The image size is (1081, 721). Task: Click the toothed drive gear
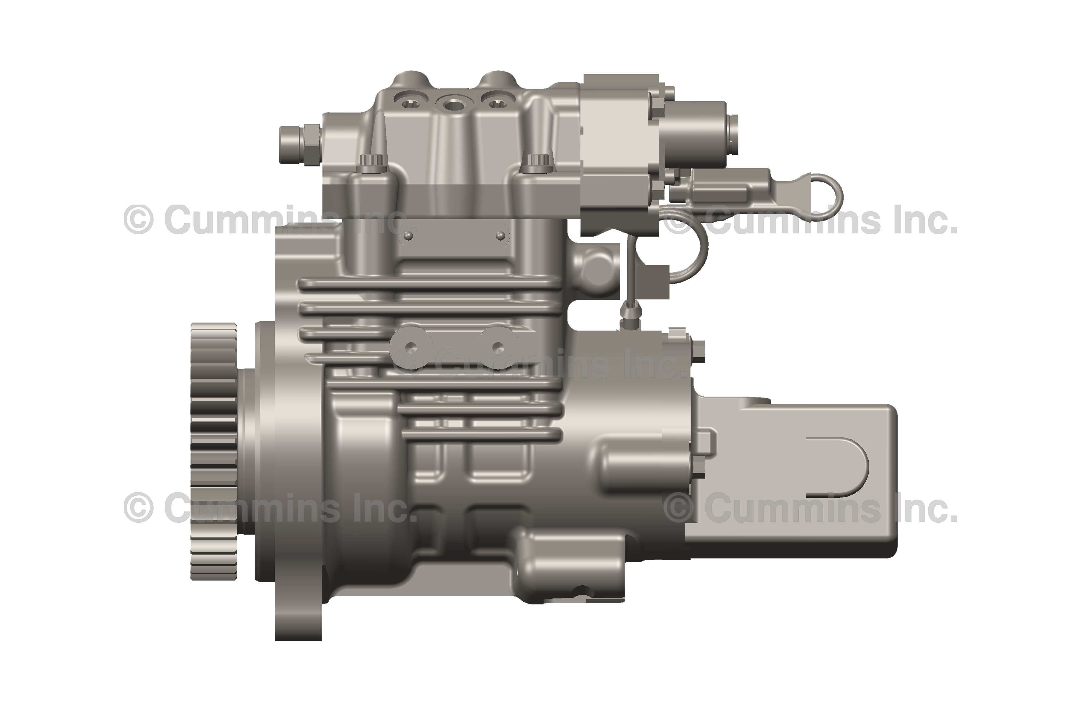(214, 451)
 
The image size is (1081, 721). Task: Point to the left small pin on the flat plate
(409, 236)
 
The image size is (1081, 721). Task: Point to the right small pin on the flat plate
(501, 236)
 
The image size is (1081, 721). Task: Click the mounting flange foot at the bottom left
(298, 616)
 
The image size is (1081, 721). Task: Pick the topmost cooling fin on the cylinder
(430, 284)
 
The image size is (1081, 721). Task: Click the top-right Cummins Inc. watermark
(811, 220)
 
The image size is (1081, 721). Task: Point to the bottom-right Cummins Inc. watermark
(811, 508)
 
